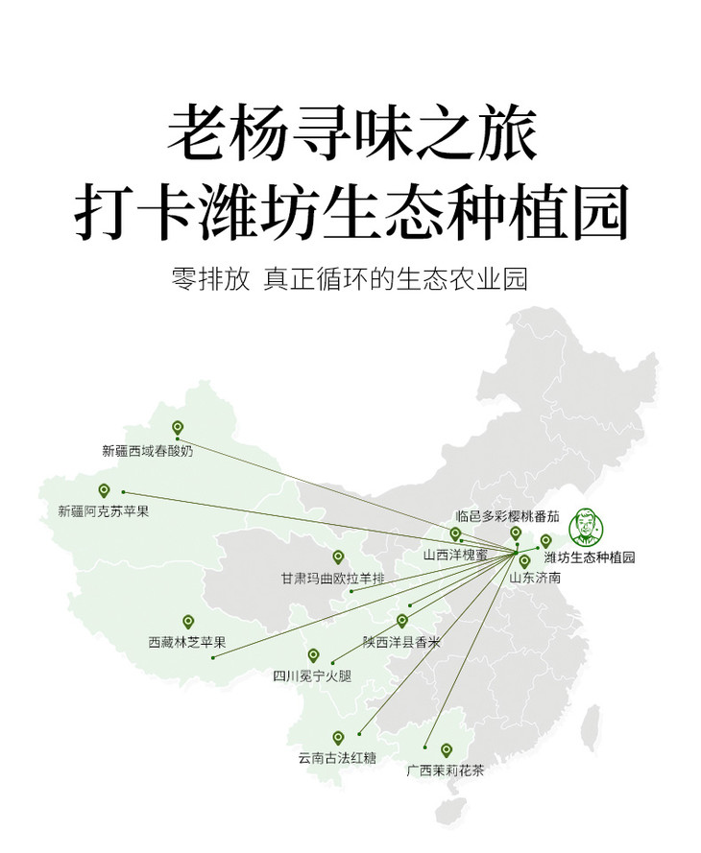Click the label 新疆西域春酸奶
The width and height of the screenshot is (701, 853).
(x=148, y=450)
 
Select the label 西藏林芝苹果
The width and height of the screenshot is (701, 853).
(x=187, y=642)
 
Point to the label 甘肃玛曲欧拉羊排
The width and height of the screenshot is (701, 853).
(x=333, y=579)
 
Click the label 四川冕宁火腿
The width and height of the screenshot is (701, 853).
(x=312, y=675)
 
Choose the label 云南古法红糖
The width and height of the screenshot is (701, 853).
(x=337, y=758)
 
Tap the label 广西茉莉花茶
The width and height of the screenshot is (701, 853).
(x=446, y=770)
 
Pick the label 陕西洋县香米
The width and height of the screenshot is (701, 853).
(x=401, y=642)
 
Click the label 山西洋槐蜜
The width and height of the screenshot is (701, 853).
(x=456, y=555)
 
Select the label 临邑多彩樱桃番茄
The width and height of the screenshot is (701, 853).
(x=507, y=515)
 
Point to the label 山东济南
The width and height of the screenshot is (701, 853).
(x=535, y=577)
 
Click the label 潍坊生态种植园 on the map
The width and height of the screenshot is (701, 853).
(x=590, y=557)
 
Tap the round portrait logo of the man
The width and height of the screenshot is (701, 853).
(x=587, y=526)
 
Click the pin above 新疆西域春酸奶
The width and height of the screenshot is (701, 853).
(x=178, y=428)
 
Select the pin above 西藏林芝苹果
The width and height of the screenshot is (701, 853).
(x=188, y=622)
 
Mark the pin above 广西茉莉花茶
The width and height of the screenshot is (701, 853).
(x=447, y=750)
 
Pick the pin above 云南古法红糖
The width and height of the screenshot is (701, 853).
(x=338, y=738)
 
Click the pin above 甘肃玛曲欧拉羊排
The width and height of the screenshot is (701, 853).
(x=338, y=557)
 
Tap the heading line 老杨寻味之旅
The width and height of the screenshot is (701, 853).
(x=352, y=133)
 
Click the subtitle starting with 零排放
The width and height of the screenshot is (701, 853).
(x=350, y=278)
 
